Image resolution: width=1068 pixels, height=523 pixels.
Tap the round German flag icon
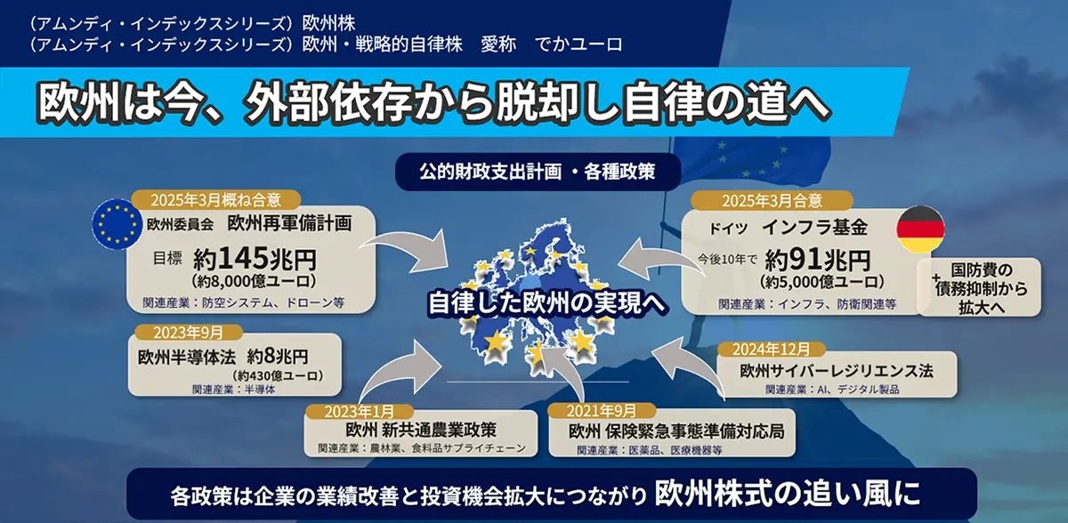pos(919,229)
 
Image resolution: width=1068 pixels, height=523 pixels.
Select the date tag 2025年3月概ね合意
pos(217,199)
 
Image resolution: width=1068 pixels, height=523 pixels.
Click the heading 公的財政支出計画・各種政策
pos(538,171)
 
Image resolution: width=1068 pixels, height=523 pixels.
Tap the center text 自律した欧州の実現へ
pos(546,302)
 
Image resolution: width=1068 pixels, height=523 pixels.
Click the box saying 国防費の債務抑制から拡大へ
pos(980,286)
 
